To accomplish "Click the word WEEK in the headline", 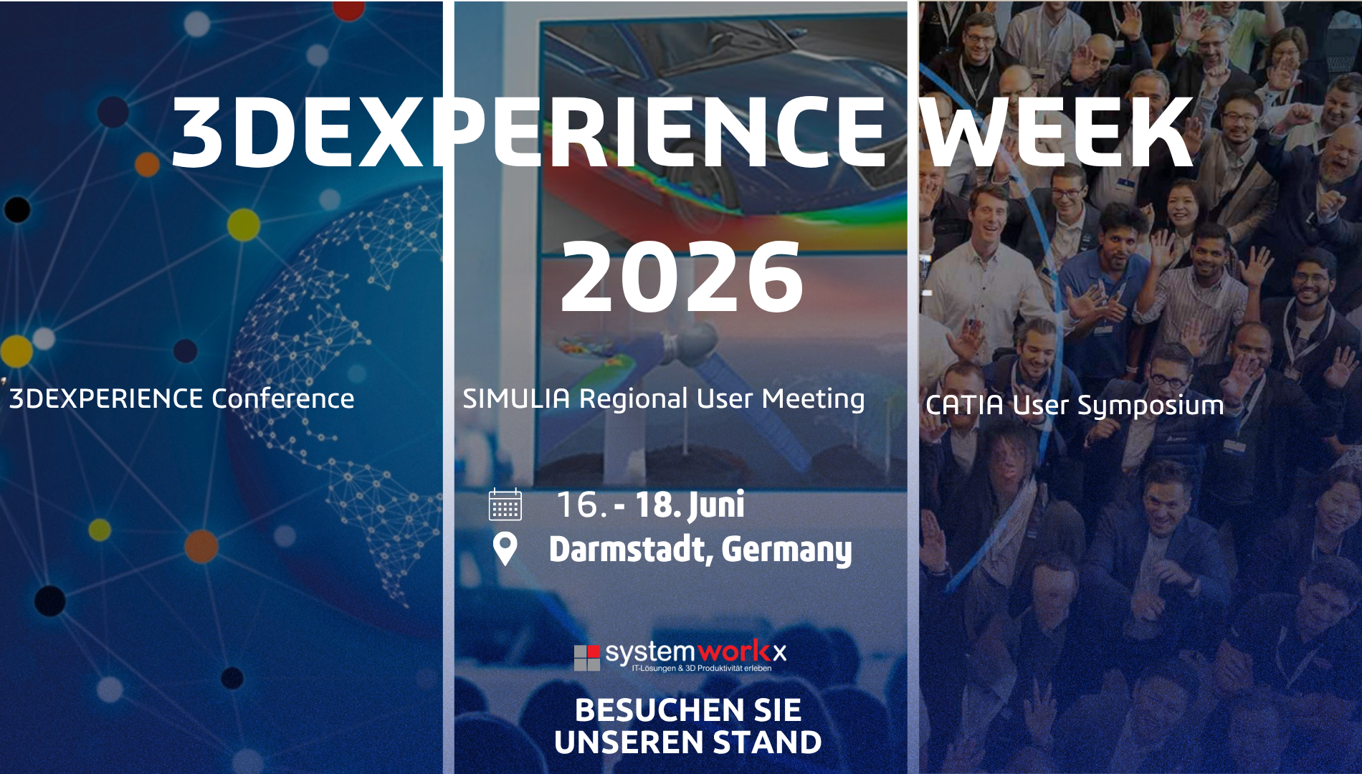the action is [1057, 133].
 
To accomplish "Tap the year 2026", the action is [682, 277].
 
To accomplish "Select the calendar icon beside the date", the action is [505, 505].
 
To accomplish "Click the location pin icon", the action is [505, 550].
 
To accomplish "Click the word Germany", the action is [787, 550].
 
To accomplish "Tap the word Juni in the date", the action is [717, 505].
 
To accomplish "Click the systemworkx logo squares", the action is [587, 657].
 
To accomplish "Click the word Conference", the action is [282, 398].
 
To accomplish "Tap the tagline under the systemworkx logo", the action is [701, 669].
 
